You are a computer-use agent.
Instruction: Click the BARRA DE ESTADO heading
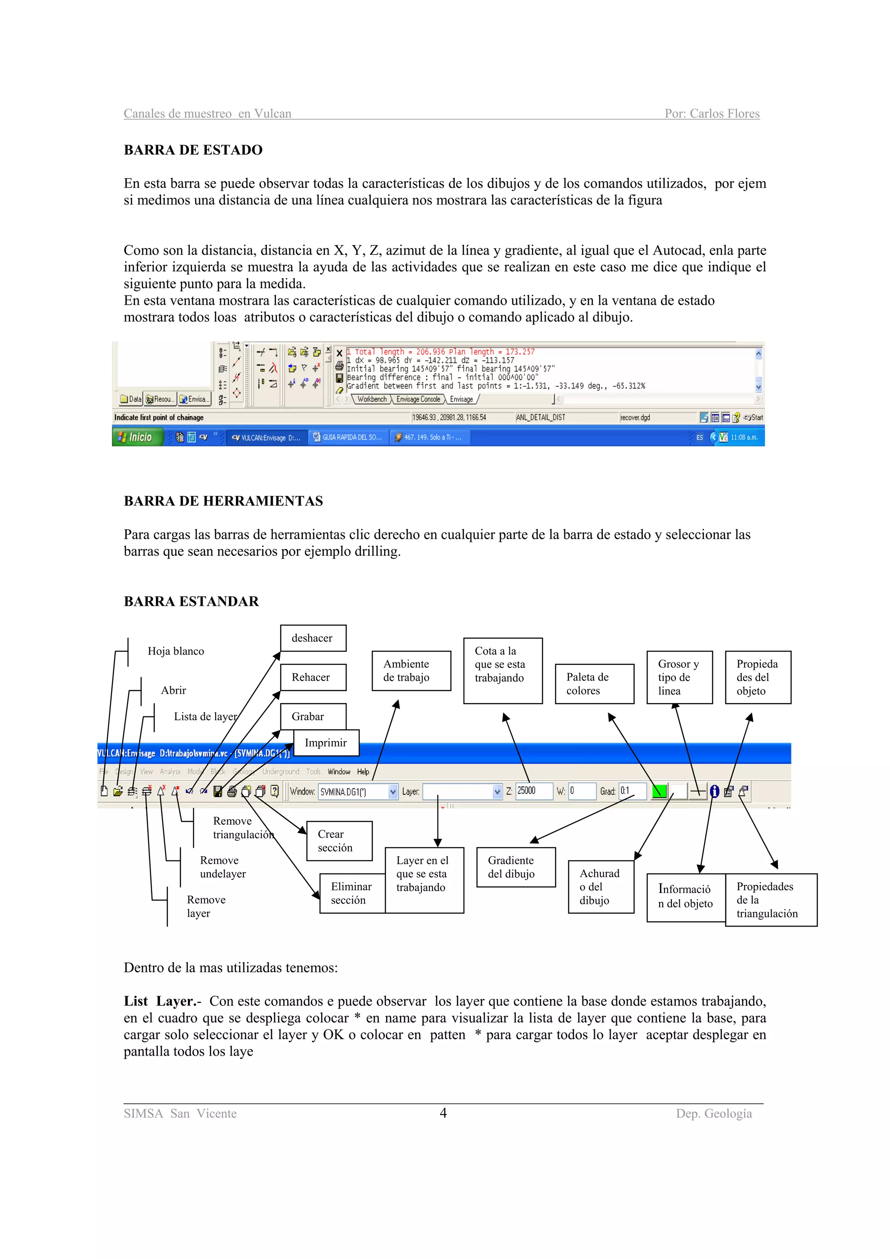(x=193, y=149)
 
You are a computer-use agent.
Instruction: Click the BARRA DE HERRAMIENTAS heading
(x=223, y=501)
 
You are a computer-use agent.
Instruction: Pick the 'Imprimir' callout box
(x=326, y=742)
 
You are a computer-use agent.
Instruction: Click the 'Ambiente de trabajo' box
(x=411, y=671)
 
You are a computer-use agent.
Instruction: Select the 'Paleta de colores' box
(x=594, y=684)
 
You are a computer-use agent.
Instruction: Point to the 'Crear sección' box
(x=339, y=840)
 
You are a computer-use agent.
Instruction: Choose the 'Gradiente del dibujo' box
(x=515, y=867)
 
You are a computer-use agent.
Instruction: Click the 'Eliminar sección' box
(x=352, y=893)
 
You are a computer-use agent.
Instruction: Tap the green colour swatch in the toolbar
(x=659, y=791)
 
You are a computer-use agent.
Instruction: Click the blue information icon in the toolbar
(x=714, y=791)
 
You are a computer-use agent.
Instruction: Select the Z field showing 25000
(x=534, y=791)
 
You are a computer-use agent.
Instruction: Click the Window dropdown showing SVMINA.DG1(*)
(x=358, y=791)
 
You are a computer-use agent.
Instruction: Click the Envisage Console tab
(x=418, y=399)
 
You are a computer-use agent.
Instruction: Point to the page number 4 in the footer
(x=443, y=1113)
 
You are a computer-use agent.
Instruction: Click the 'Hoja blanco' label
(x=176, y=651)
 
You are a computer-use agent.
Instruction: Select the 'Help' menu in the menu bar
(x=363, y=771)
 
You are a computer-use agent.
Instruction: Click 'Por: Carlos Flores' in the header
(x=712, y=113)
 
